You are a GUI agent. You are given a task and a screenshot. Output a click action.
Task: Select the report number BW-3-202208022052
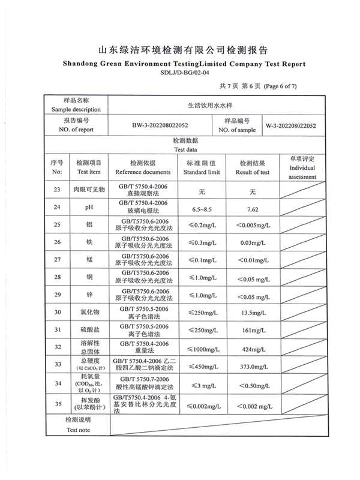(x=160, y=126)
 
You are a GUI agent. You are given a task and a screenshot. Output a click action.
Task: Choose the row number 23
(x=58, y=190)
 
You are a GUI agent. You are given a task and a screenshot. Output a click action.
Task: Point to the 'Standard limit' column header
(x=202, y=172)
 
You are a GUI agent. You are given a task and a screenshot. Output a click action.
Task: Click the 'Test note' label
(x=78, y=447)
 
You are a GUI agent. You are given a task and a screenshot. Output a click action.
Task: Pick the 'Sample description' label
(x=76, y=110)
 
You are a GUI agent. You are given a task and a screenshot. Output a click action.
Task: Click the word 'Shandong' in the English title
(x=83, y=64)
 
